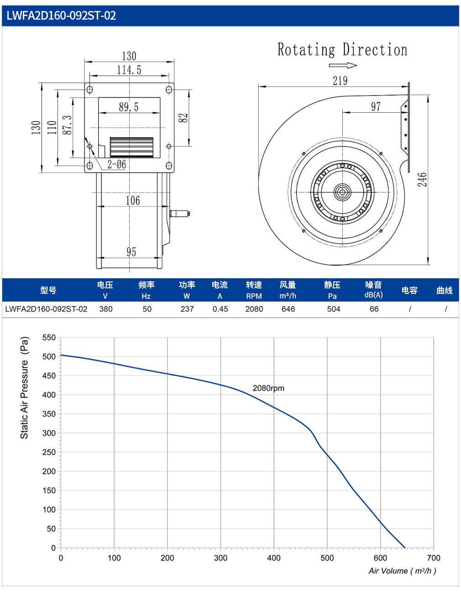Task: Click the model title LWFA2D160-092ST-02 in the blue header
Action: click(x=61, y=16)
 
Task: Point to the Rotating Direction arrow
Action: click(x=343, y=65)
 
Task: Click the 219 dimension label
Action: click(x=340, y=80)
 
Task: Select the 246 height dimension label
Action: click(x=422, y=180)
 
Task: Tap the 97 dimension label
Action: click(x=376, y=106)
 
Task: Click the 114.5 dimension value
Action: click(x=129, y=70)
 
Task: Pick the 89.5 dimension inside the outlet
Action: click(x=129, y=107)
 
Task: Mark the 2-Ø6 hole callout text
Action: click(x=116, y=164)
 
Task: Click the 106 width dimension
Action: click(x=133, y=201)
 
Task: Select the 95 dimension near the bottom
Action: click(x=131, y=252)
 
